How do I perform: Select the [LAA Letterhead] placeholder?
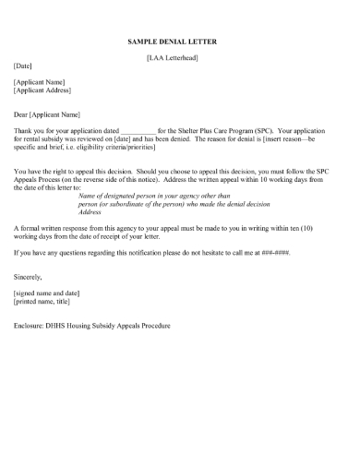(x=173, y=59)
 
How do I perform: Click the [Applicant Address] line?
(x=42, y=90)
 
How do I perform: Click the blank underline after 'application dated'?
(x=138, y=130)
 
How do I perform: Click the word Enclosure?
(x=31, y=325)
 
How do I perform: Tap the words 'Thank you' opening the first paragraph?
(x=29, y=130)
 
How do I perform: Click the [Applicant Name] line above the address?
(x=39, y=82)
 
